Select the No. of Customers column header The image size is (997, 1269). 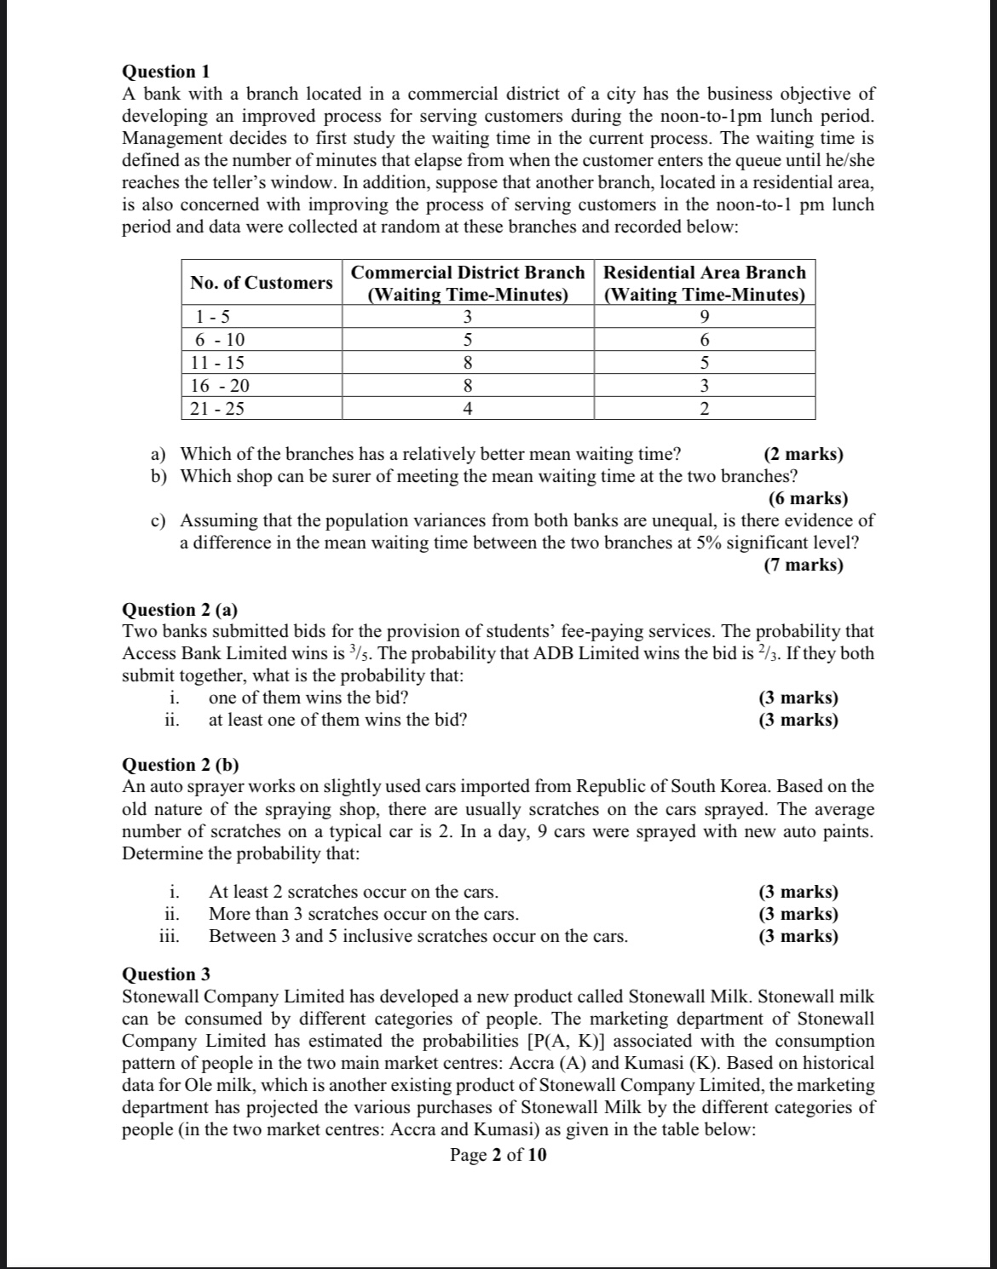pyautogui.click(x=262, y=283)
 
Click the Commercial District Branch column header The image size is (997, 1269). pyautogui.click(x=468, y=284)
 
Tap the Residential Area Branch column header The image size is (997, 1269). pyautogui.click(x=704, y=284)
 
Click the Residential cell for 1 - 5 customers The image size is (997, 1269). pyautogui.click(x=704, y=317)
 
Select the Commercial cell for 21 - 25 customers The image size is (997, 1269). pyautogui.click(x=467, y=409)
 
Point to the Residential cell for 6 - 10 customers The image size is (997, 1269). pyautogui.click(x=704, y=340)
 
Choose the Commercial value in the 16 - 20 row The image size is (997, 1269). pyautogui.click(x=467, y=386)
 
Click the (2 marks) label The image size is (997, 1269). pyautogui.click(x=803, y=454)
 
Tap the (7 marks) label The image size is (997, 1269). pyautogui.click(x=803, y=565)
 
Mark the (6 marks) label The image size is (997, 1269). pyautogui.click(x=807, y=498)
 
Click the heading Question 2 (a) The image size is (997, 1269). pyautogui.click(x=181, y=610)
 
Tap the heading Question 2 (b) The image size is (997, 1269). pyautogui.click(x=182, y=765)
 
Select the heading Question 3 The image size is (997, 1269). pyautogui.click(x=166, y=974)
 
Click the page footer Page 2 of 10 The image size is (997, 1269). pyautogui.click(x=498, y=1155)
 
